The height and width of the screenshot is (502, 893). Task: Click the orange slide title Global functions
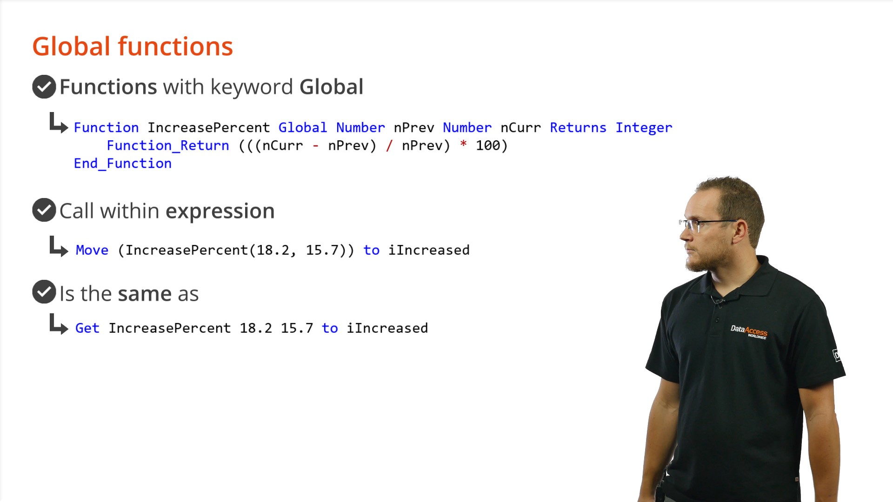(133, 46)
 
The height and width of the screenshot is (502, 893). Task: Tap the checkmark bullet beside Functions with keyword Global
(44, 87)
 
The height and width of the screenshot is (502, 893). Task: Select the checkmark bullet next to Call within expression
(44, 210)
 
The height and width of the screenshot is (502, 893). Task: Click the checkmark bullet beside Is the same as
(44, 292)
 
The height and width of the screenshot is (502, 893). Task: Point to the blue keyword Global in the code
(303, 127)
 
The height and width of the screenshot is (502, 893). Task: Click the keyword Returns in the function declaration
(578, 127)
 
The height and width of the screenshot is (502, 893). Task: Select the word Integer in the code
(644, 128)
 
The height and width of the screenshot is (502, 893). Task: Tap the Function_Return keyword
(168, 145)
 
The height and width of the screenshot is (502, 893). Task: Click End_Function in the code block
(123, 164)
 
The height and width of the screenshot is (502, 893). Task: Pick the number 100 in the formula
(488, 145)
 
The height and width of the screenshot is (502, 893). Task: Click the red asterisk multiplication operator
(463, 144)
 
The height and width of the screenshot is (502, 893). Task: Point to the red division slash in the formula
(389, 145)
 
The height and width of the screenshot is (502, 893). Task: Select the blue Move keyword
(92, 250)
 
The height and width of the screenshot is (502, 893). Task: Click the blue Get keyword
(87, 328)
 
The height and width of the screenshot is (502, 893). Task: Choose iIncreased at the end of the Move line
(429, 250)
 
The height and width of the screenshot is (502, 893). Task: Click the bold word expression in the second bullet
(220, 211)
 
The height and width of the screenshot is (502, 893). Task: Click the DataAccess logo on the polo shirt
(749, 331)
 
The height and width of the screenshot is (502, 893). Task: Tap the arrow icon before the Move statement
(59, 246)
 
